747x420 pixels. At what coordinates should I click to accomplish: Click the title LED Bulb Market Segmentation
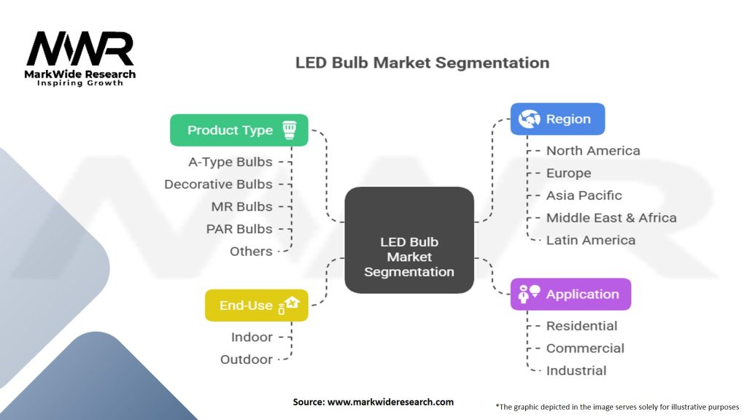(422, 63)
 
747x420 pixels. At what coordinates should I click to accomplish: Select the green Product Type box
(239, 131)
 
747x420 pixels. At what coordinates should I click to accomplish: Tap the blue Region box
(557, 119)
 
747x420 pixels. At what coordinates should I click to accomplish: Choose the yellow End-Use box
(256, 306)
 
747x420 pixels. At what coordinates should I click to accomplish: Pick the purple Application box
(570, 295)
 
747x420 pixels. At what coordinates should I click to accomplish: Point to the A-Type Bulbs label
(230, 162)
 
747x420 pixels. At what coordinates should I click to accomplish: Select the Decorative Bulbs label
(218, 184)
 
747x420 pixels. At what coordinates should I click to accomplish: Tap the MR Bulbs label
(241, 206)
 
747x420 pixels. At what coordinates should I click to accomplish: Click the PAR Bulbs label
(239, 229)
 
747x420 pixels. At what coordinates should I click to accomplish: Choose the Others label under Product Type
(251, 252)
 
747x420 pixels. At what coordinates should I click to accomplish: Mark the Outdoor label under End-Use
(247, 359)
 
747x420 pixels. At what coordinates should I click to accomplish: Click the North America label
(593, 151)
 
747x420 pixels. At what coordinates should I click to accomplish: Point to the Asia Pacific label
(584, 195)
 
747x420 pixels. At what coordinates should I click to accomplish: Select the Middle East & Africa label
(611, 218)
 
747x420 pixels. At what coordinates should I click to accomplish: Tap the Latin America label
(590, 240)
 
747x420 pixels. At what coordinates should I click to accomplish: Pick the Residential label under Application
(581, 326)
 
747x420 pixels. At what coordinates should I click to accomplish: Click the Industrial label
(576, 370)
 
